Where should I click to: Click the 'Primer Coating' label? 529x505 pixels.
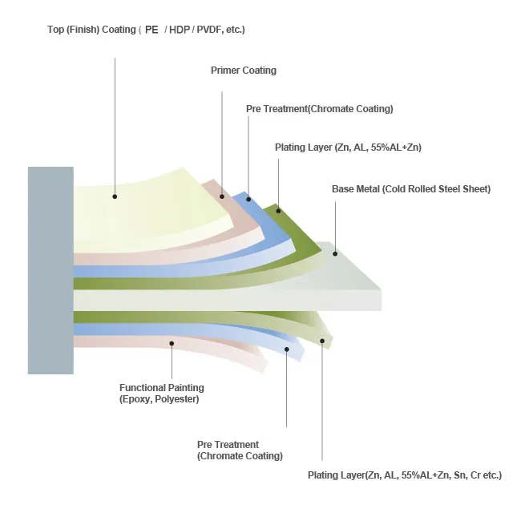pos(243,71)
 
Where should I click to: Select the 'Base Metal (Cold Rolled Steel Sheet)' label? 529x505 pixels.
pos(410,189)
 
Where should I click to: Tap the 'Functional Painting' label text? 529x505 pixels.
pos(161,388)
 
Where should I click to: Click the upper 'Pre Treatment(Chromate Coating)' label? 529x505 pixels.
pos(319,109)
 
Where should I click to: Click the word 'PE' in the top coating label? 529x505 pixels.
pos(151,30)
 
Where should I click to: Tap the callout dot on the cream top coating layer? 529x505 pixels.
pos(115,196)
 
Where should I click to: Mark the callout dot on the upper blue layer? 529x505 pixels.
pos(248,198)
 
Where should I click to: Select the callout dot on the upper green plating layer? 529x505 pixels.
pos(278,212)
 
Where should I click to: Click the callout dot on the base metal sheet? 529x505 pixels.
pos(335,254)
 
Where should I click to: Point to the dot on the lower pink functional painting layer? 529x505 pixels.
pos(171,342)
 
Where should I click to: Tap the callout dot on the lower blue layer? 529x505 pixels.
pos(286,350)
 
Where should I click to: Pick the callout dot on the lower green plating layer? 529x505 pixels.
pos(322,341)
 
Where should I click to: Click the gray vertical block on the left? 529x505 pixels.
pos(50,270)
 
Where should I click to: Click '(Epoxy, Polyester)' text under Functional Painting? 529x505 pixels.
pos(159,399)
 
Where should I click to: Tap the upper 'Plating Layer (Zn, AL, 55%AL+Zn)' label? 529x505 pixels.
pos(348,147)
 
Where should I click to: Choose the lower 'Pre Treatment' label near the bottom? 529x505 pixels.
pos(228,445)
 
